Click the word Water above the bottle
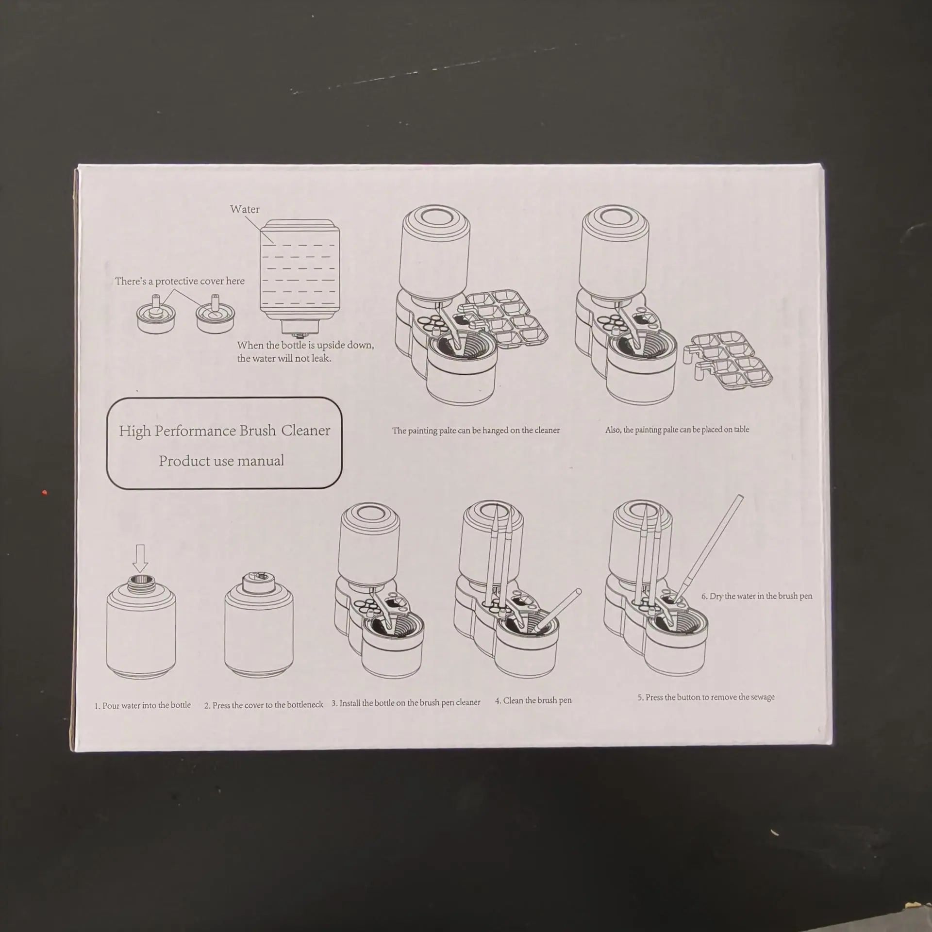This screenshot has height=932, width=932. tap(245, 209)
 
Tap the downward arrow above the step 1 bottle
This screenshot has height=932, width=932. tap(140, 558)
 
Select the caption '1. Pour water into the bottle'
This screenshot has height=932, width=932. tap(143, 705)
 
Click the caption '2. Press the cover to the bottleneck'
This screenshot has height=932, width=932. tap(264, 705)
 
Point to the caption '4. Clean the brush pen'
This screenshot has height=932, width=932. tap(533, 700)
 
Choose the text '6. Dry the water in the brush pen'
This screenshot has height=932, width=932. tap(757, 596)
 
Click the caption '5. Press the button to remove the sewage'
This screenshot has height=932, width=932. tap(706, 697)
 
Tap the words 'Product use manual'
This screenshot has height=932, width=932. tap(221, 461)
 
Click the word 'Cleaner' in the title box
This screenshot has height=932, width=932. tap(306, 430)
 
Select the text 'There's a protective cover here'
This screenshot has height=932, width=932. tap(180, 281)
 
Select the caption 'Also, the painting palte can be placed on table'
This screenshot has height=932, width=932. tap(677, 430)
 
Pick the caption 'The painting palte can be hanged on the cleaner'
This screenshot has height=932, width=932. tap(476, 430)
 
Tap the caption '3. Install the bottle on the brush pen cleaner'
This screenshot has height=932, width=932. tap(406, 702)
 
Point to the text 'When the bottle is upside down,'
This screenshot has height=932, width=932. tap(306, 345)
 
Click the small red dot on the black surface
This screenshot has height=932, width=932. tap(45, 493)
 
